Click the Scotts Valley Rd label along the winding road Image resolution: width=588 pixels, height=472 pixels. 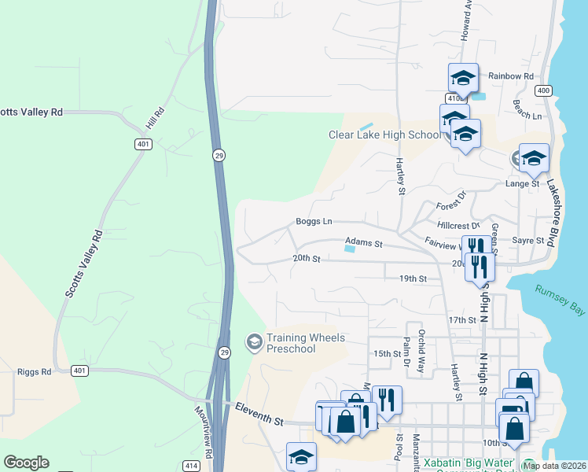[82, 264]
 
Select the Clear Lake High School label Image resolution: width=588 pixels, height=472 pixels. [384, 135]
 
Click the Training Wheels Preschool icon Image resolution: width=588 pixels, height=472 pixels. [254, 341]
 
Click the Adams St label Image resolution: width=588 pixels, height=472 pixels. [363, 244]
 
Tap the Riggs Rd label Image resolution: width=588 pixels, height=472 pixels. [34, 371]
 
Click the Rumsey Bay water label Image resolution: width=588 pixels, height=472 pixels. [560, 301]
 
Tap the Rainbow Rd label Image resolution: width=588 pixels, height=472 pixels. [511, 76]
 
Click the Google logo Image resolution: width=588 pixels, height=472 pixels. [26, 463]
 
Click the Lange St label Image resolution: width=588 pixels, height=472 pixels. [523, 183]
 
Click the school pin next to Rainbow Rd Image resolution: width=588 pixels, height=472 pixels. [463, 79]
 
